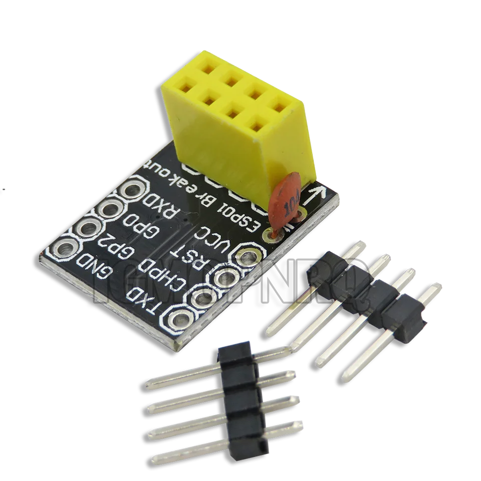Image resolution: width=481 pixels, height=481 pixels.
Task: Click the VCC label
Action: pyautogui.click(x=217, y=238)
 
